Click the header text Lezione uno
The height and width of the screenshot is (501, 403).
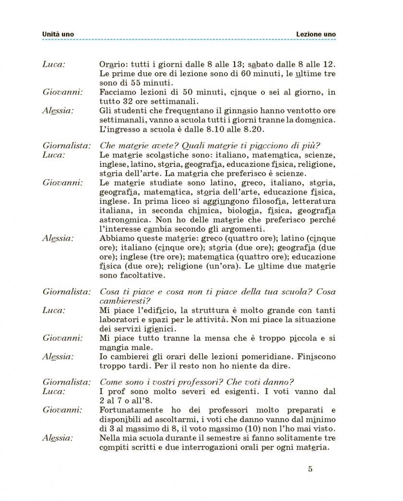pyautogui.click(x=316, y=35)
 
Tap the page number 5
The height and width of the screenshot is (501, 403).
pyautogui.click(x=310, y=469)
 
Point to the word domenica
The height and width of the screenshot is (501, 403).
pyautogui.click(x=313, y=120)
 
